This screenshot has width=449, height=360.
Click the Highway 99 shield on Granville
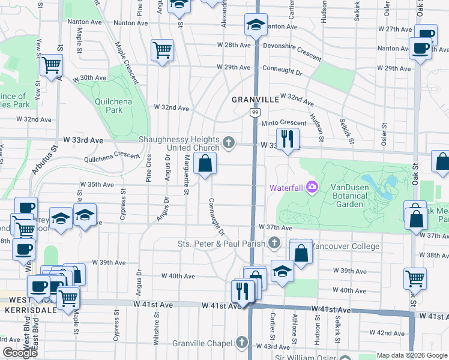pos(255,112)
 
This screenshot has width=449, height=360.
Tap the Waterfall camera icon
pos(312,187)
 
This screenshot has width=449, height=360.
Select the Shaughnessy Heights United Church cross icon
pos(228,142)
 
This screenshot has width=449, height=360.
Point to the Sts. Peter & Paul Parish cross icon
pos(274,243)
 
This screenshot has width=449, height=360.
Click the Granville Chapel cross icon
pos(242,343)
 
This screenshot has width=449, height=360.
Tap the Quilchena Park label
pos(113,106)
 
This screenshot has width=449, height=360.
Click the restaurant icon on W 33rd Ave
pos(288,139)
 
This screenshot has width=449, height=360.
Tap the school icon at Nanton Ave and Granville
pos(256,25)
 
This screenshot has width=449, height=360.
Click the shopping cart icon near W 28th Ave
pos(162,50)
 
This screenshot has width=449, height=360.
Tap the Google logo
pos(20,353)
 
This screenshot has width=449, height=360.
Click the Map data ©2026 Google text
pos(412,355)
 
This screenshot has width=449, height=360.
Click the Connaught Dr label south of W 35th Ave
pos(217,216)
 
